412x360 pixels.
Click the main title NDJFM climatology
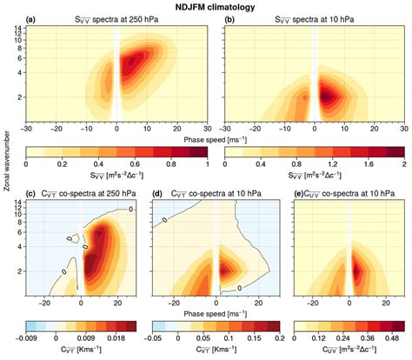tap(205, 7)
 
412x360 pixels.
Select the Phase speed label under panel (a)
tap(205, 137)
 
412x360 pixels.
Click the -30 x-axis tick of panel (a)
tap(27, 127)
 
